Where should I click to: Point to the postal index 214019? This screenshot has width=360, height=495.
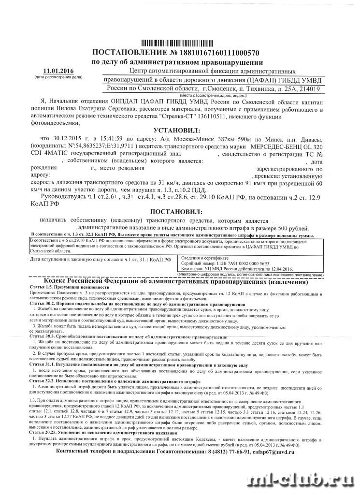(x=307, y=89)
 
